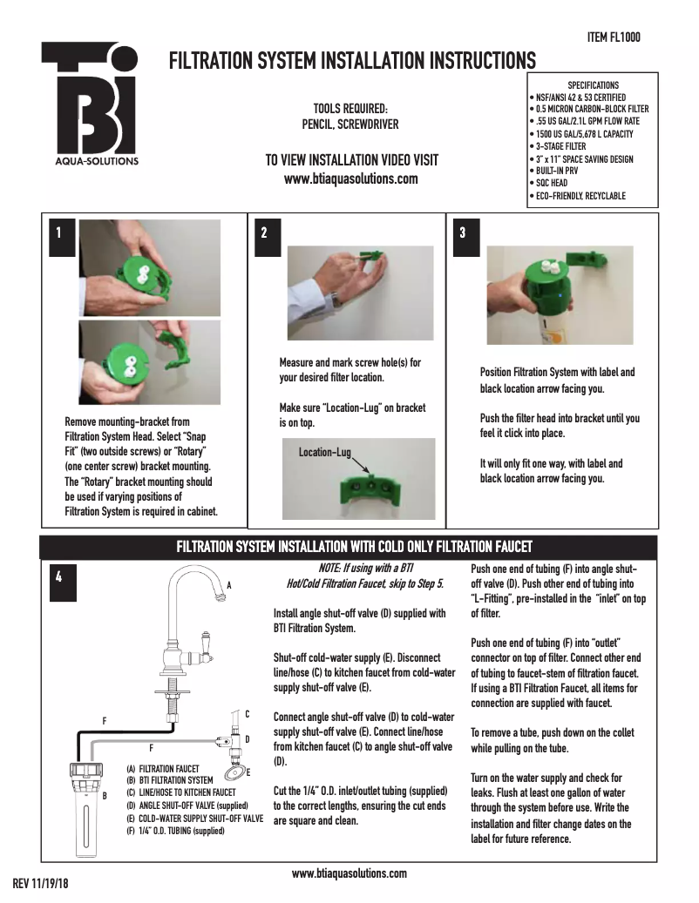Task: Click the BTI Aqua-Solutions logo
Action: (90, 104)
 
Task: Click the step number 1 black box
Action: (58, 233)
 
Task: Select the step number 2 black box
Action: (264, 233)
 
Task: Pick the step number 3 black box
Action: (462, 233)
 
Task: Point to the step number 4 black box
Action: (58, 576)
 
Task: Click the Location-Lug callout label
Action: (324, 453)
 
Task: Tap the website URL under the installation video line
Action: (351, 179)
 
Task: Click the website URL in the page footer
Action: (349, 873)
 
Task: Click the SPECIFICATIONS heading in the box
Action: (593, 85)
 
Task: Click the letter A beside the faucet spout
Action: (229, 586)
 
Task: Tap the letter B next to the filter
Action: (105, 795)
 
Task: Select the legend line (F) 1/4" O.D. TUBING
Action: (176, 831)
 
